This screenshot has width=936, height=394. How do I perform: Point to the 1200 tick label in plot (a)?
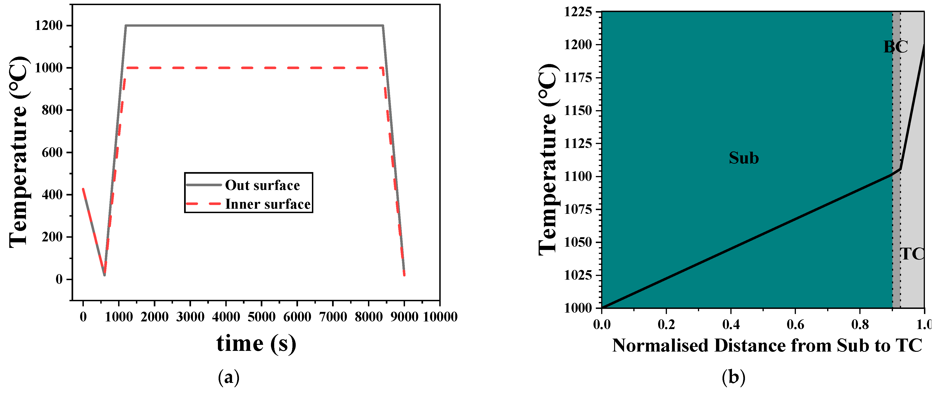49,26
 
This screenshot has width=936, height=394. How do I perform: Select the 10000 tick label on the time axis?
440,317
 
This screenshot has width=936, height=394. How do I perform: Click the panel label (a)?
229,377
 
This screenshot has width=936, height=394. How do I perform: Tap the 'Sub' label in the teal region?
744,158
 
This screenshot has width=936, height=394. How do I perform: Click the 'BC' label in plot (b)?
896,47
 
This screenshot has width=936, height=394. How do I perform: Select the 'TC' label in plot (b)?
912,253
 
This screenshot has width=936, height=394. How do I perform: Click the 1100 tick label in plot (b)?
578,176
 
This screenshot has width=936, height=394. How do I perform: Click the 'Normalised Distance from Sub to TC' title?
767,345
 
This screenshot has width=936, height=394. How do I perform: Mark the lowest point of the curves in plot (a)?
104,275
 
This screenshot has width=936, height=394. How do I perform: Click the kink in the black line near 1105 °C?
900,169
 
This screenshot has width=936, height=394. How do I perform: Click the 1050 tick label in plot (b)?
578,242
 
